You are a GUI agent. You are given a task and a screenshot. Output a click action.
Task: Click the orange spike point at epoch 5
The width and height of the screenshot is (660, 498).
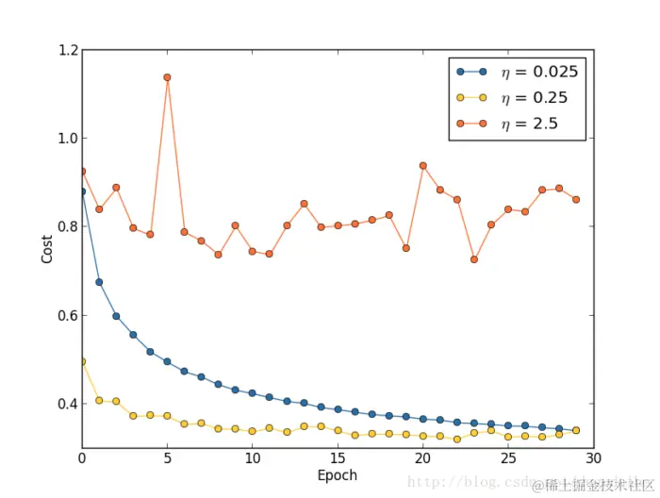[167, 77]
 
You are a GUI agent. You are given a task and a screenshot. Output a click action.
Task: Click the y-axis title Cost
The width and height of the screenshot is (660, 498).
[47, 248]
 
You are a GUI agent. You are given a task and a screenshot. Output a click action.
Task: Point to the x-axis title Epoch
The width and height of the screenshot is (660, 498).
[337, 475]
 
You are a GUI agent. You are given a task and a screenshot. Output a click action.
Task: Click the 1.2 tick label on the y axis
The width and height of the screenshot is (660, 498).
[66, 49]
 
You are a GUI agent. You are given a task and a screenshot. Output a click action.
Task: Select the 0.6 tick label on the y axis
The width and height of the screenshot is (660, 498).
[66, 315]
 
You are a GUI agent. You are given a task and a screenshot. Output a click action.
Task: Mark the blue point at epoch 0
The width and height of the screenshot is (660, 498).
[82, 191]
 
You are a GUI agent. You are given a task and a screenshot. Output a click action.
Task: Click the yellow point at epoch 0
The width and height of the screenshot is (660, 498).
[82, 361]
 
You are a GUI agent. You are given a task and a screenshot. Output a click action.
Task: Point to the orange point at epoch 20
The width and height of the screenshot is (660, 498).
[422, 165]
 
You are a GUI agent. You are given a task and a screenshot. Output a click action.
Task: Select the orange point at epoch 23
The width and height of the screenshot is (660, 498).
[473, 259]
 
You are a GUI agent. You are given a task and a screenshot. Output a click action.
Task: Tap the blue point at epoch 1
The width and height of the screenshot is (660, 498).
[99, 282]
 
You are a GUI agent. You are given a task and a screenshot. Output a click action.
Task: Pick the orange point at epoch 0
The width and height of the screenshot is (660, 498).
[82, 172]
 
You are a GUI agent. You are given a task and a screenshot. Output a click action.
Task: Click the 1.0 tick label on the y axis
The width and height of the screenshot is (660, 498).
[66, 138]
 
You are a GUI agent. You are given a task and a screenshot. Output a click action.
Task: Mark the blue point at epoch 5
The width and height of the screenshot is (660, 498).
[167, 361]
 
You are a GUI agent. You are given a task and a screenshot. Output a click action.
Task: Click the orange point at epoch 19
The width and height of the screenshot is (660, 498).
[405, 248]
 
